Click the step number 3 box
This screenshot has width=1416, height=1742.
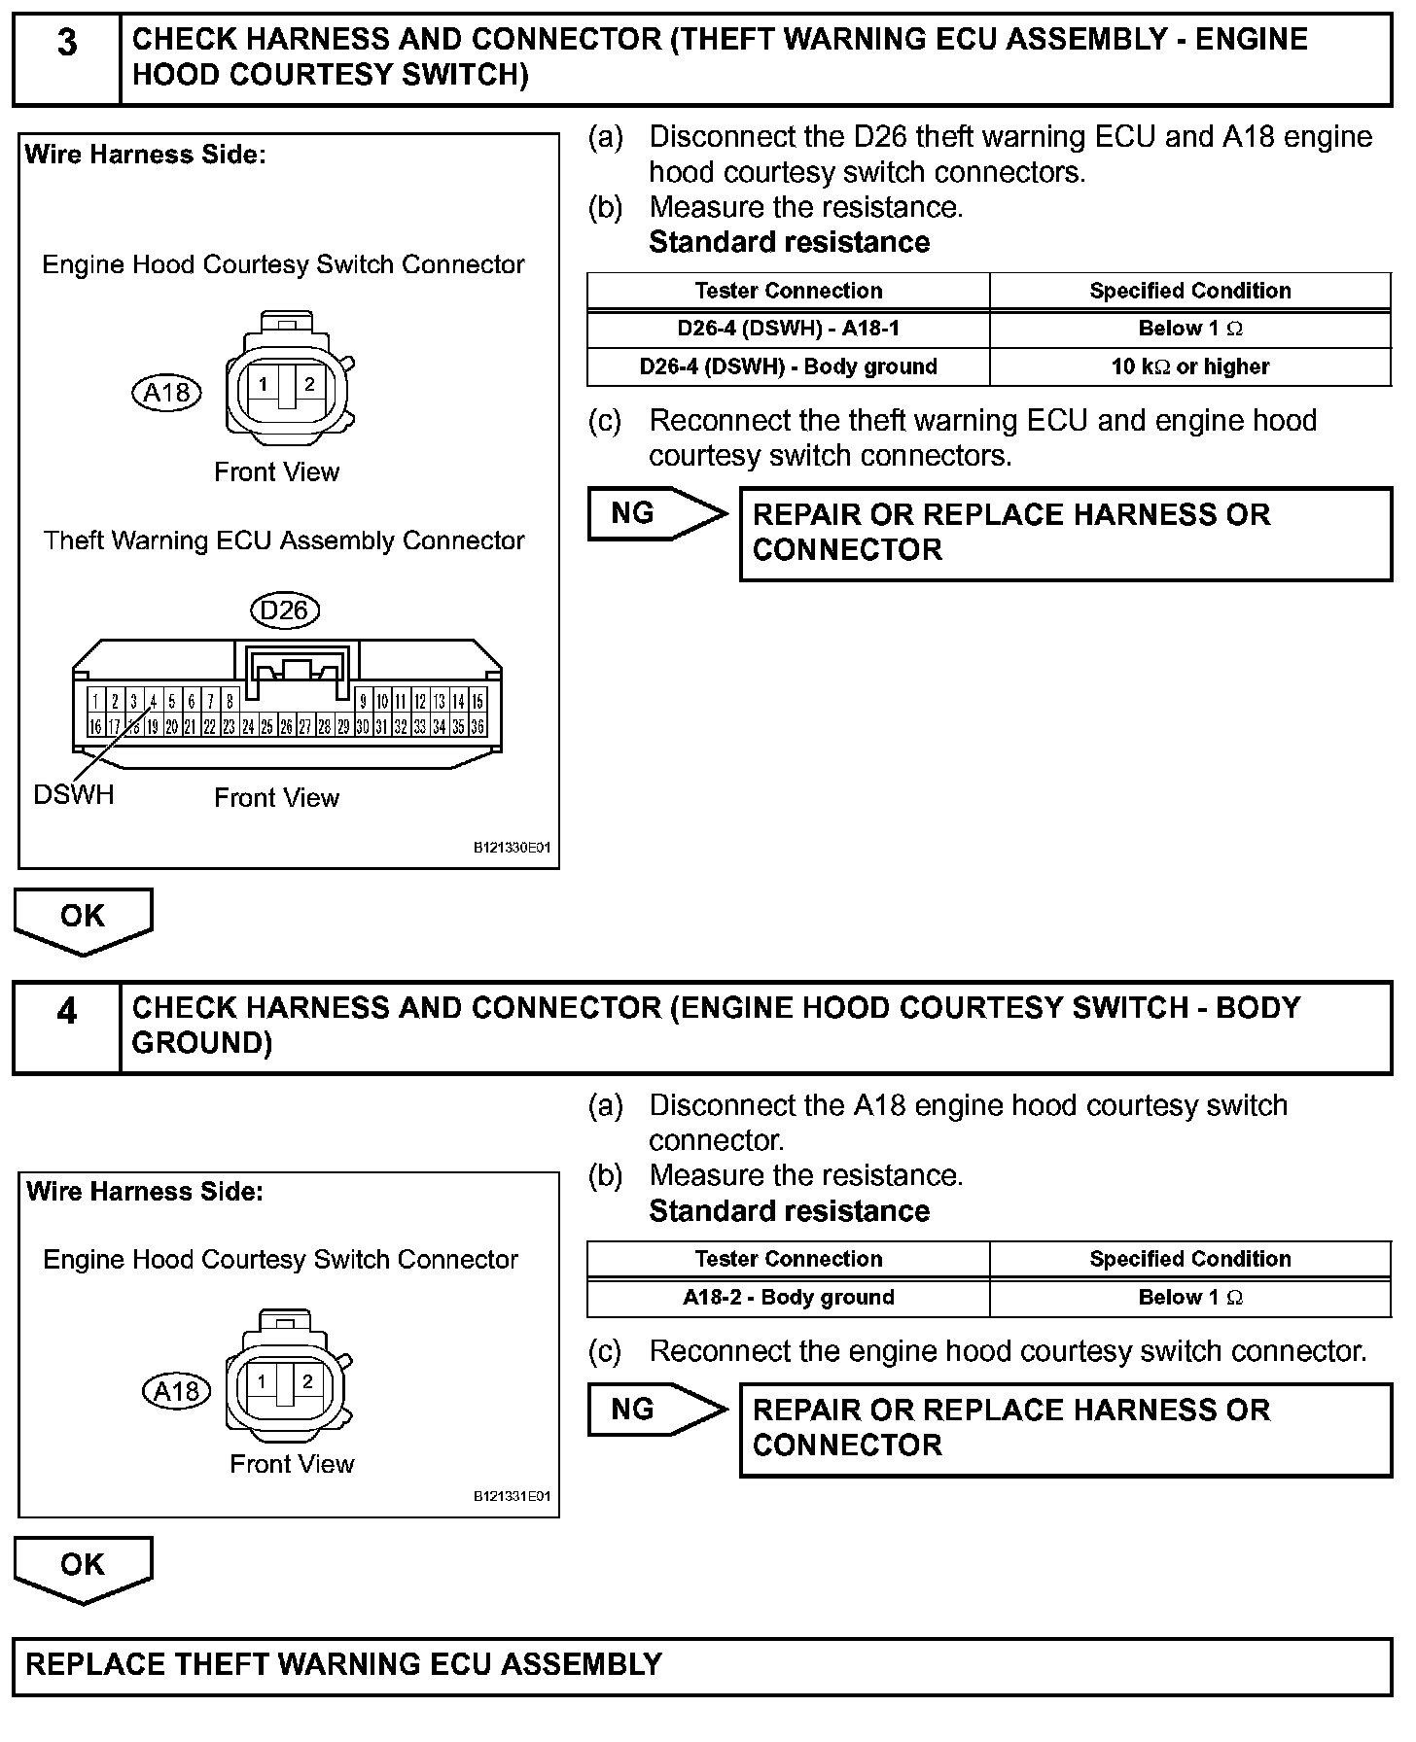pyautogui.click(x=66, y=58)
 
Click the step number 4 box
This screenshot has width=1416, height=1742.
pyautogui.click(x=66, y=1028)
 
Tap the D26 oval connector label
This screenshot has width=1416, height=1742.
pyautogui.click(x=284, y=610)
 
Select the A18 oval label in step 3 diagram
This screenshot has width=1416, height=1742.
pyautogui.click(x=166, y=393)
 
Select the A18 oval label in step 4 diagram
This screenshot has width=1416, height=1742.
pyautogui.click(x=176, y=1392)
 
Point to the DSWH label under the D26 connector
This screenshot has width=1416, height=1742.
pyautogui.click(x=74, y=795)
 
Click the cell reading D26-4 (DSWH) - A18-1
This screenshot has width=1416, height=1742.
pyautogui.click(x=788, y=329)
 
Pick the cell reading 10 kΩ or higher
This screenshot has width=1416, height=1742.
pyautogui.click(x=1189, y=366)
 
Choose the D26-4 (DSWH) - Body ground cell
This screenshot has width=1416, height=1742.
pyautogui.click(x=788, y=366)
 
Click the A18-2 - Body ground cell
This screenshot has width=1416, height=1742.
pyautogui.click(x=788, y=1297)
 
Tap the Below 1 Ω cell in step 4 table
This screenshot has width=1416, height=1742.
pyautogui.click(x=1189, y=1297)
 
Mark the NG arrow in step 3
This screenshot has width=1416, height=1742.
pyautogui.click(x=656, y=513)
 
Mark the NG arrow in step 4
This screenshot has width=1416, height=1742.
pyautogui.click(x=656, y=1410)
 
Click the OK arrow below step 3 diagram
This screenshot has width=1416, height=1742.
pyautogui.click(x=83, y=919)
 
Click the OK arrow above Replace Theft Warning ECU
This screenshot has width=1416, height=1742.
pyautogui.click(x=83, y=1567)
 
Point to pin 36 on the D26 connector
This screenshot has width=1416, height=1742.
pyautogui.click(x=478, y=726)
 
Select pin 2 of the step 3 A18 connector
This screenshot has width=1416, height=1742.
pyautogui.click(x=309, y=384)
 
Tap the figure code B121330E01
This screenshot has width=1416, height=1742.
pyautogui.click(x=512, y=848)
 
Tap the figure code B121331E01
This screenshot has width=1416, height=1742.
pyautogui.click(x=512, y=1496)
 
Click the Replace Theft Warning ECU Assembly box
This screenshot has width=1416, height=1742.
pyautogui.click(x=702, y=1666)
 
